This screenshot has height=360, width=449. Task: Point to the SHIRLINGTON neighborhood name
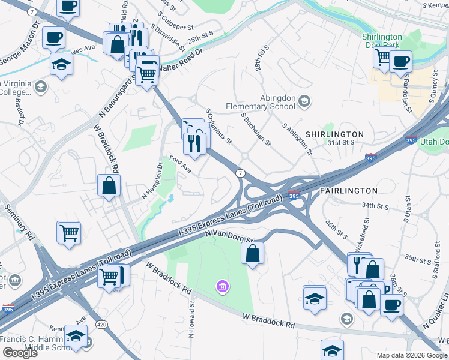click(x=334, y=134)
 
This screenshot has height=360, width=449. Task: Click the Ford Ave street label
click(x=181, y=164)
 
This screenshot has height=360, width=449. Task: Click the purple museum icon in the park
click(x=223, y=287)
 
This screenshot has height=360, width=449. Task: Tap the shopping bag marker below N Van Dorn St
click(x=253, y=252)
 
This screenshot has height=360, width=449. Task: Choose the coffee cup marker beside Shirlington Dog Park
click(x=400, y=60)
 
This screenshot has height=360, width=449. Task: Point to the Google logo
click(x=20, y=353)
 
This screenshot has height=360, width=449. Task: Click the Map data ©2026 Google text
click(x=412, y=355)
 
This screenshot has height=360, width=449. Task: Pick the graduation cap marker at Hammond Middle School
click(x=76, y=337)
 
